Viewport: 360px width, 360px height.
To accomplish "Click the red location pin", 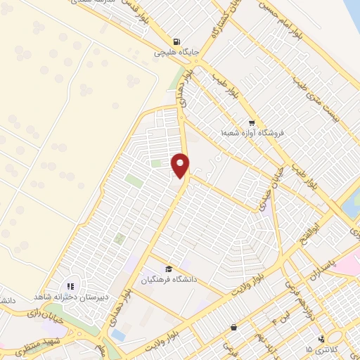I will click(x=181, y=165).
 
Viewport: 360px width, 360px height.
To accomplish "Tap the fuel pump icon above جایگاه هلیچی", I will click(x=175, y=40).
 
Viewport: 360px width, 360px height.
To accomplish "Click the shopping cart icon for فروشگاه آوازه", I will click(x=251, y=121).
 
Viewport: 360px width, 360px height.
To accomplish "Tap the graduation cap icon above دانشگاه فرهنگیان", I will click(x=168, y=269).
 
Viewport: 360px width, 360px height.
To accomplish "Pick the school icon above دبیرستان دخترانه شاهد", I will click(x=70, y=285).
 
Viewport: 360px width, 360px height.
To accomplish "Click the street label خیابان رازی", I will click(x=43, y=313).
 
